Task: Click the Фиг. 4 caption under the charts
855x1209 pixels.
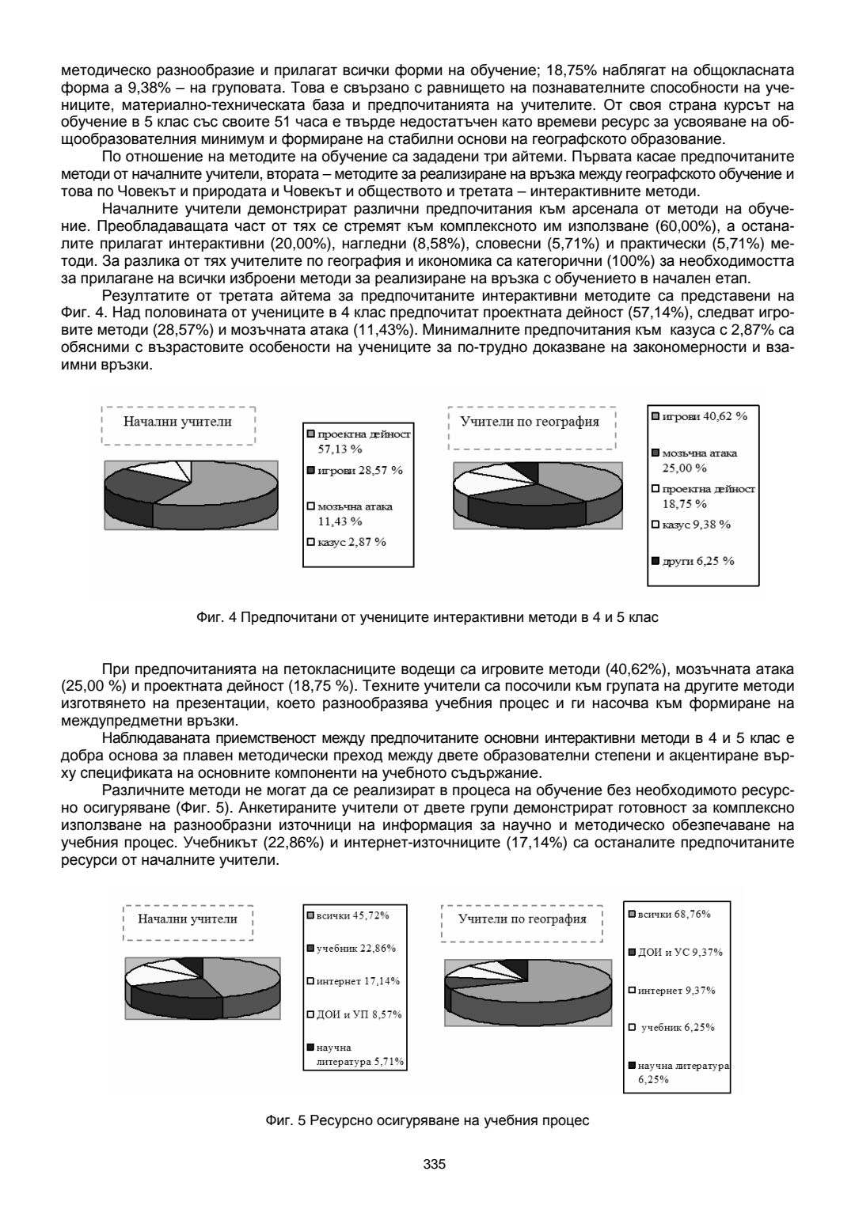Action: (x=427, y=617)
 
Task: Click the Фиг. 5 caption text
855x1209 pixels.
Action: (x=427, y=1121)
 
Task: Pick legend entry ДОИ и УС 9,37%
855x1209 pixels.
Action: (x=679, y=953)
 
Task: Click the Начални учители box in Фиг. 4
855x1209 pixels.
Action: (x=177, y=422)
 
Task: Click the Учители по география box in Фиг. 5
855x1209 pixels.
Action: (x=522, y=919)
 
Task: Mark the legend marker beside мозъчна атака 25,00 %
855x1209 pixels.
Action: (x=655, y=453)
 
